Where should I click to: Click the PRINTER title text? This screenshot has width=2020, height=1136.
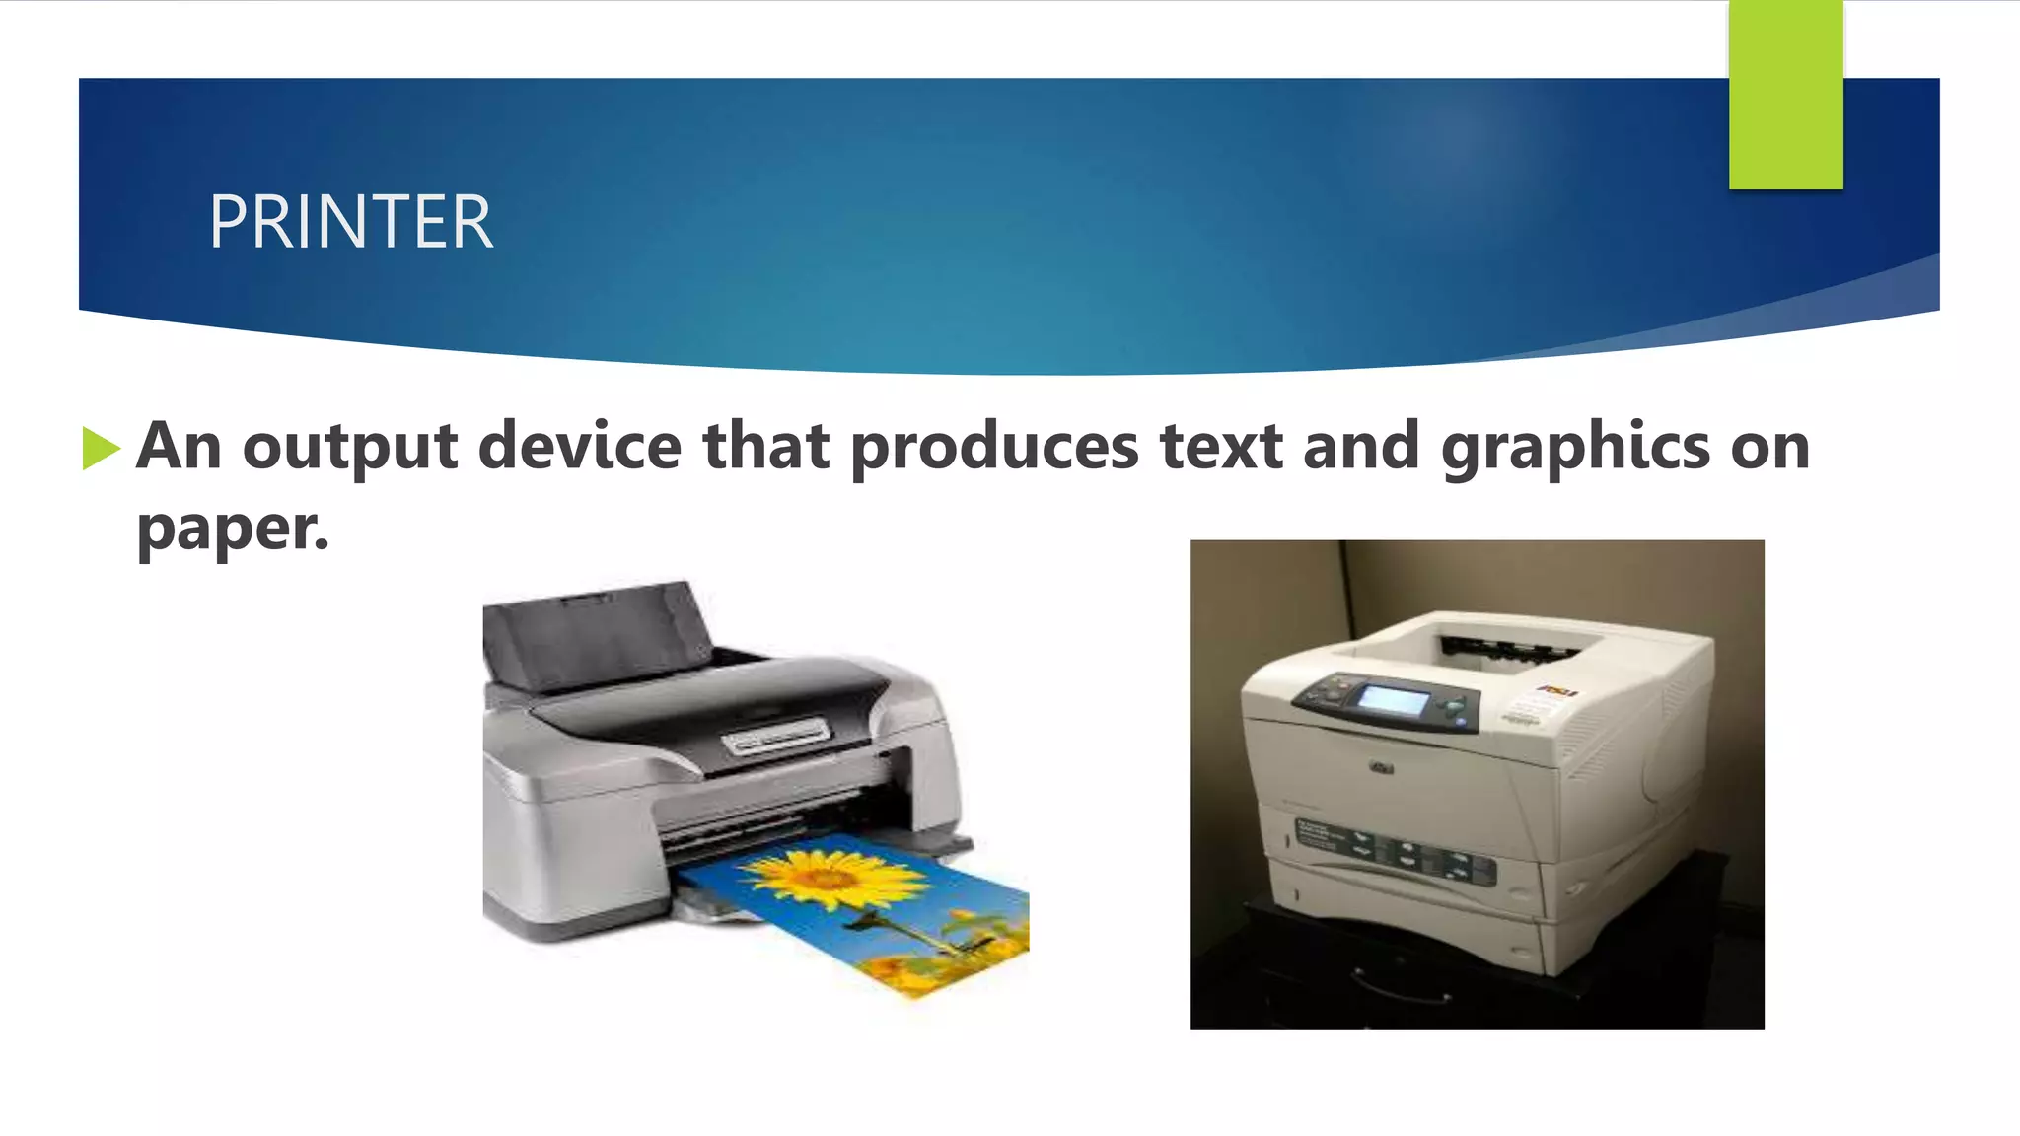[350, 222]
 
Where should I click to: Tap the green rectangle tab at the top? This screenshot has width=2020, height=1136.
[1785, 95]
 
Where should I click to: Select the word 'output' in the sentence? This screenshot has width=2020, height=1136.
[350, 448]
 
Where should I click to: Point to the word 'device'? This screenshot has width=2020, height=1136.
[580, 446]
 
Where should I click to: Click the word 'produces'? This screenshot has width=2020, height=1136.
[994, 448]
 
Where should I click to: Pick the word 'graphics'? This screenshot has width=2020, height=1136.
[1575, 448]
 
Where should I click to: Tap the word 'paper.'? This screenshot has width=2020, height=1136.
[233, 530]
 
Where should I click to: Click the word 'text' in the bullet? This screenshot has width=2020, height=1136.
[1221, 446]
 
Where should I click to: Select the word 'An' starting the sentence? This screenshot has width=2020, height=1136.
[179, 446]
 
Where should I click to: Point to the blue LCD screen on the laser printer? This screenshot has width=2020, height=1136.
[1394, 701]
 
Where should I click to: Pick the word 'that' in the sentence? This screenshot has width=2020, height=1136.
[765, 446]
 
